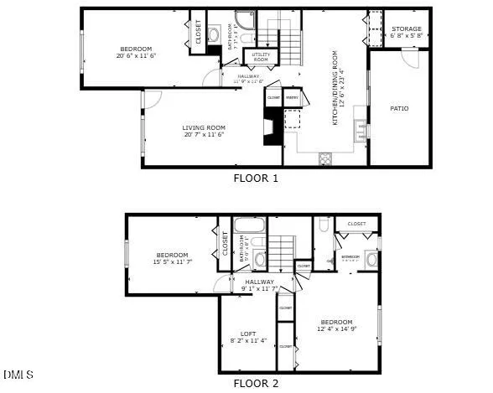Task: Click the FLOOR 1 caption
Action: click(x=255, y=178)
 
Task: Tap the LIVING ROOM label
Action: click(x=205, y=128)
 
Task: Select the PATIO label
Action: click(x=399, y=108)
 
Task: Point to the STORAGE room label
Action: click(x=407, y=29)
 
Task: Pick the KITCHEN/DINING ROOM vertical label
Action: click(x=335, y=98)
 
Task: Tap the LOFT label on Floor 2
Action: click(x=249, y=334)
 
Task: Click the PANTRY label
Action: click(x=293, y=98)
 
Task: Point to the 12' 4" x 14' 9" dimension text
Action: click(x=335, y=329)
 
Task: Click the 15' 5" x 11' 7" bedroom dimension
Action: click(x=171, y=262)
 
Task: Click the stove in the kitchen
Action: click(x=325, y=157)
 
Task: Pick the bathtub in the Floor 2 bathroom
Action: click(x=249, y=225)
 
